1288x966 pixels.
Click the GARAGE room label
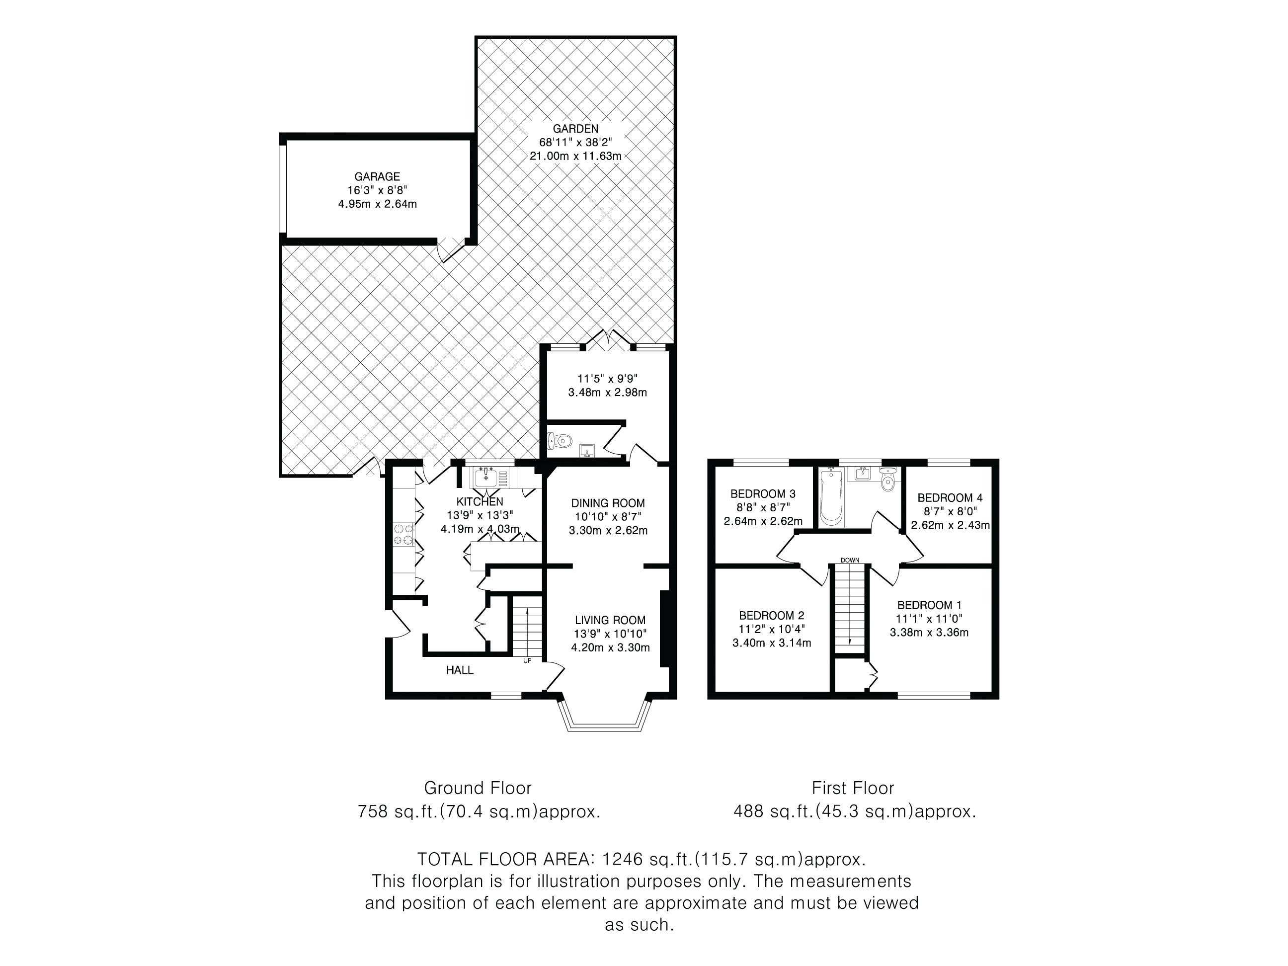coord(377,176)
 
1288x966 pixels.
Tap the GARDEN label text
coord(575,129)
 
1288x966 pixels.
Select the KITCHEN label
coord(480,502)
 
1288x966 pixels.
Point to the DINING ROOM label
coord(608,503)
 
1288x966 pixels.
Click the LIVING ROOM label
coord(610,620)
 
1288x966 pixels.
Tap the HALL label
coord(460,670)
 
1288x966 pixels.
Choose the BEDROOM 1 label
coord(929,605)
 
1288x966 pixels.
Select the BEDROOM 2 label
coord(772,616)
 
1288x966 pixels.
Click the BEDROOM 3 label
coord(763,494)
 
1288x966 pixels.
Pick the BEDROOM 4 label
coord(950,498)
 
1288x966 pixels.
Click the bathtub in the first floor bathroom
coord(831,498)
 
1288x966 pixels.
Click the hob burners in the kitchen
coord(403,535)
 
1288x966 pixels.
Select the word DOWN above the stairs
coord(850,560)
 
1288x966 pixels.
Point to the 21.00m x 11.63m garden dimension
coord(575,156)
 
